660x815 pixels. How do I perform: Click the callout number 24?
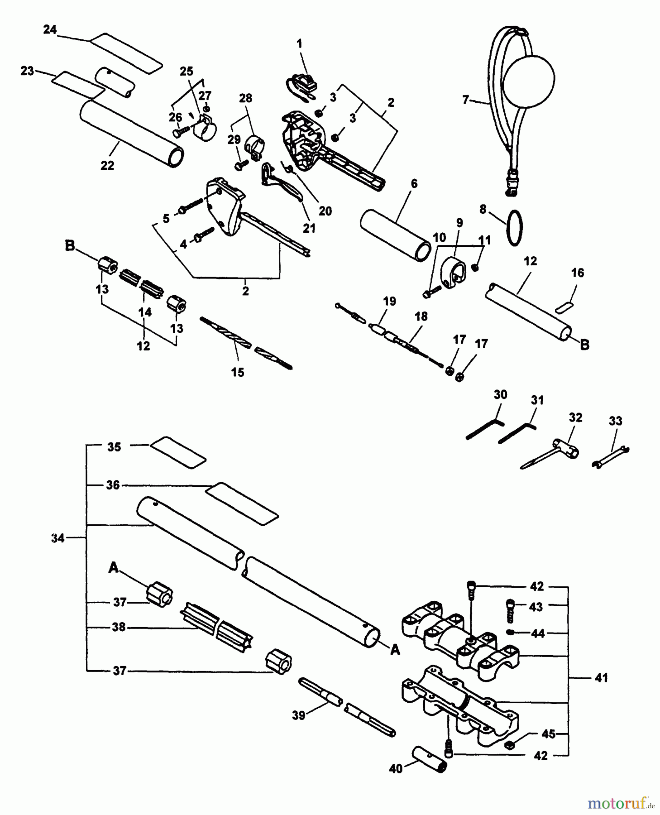(x=50, y=30)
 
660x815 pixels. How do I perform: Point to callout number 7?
(x=466, y=100)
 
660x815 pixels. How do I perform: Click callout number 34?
(x=58, y=538)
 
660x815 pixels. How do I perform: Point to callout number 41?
(x=601, y=678)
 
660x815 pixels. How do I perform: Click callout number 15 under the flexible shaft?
(x=238, y=372)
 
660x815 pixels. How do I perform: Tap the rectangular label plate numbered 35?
(x=178, y=452)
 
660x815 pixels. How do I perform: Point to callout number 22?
(x=107, y=165)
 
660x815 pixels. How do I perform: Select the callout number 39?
(x=299, y=716)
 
